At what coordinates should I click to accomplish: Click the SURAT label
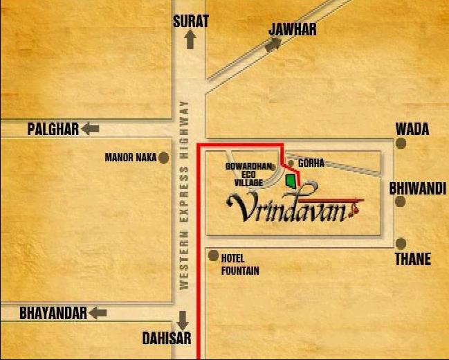pos(190,21)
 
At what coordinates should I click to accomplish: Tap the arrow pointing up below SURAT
pos(190,39)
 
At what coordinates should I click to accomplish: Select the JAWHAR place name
pos(293,29)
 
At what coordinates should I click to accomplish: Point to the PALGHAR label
pos(53,129)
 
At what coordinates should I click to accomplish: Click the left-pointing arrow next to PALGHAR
pos(91,129)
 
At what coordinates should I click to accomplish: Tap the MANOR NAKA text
pos(131,158)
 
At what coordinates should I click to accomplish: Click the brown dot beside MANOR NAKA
pos(164,158)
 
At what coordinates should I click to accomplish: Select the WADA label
pos(412,129)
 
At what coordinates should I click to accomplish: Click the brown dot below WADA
pos(401,143)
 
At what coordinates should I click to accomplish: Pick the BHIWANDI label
pos(417,188)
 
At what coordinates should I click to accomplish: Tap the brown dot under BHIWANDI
pos(400,201)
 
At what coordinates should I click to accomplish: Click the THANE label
pos(413,260)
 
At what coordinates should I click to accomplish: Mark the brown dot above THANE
pos(401,243)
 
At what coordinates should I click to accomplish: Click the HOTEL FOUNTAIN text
pos(240,264)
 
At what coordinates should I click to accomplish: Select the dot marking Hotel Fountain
pos(213,256)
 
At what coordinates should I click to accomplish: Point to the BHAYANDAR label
pos(53,314)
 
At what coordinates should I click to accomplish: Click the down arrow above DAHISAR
pos(183,320)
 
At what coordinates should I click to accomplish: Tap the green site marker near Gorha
pos(291,181)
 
